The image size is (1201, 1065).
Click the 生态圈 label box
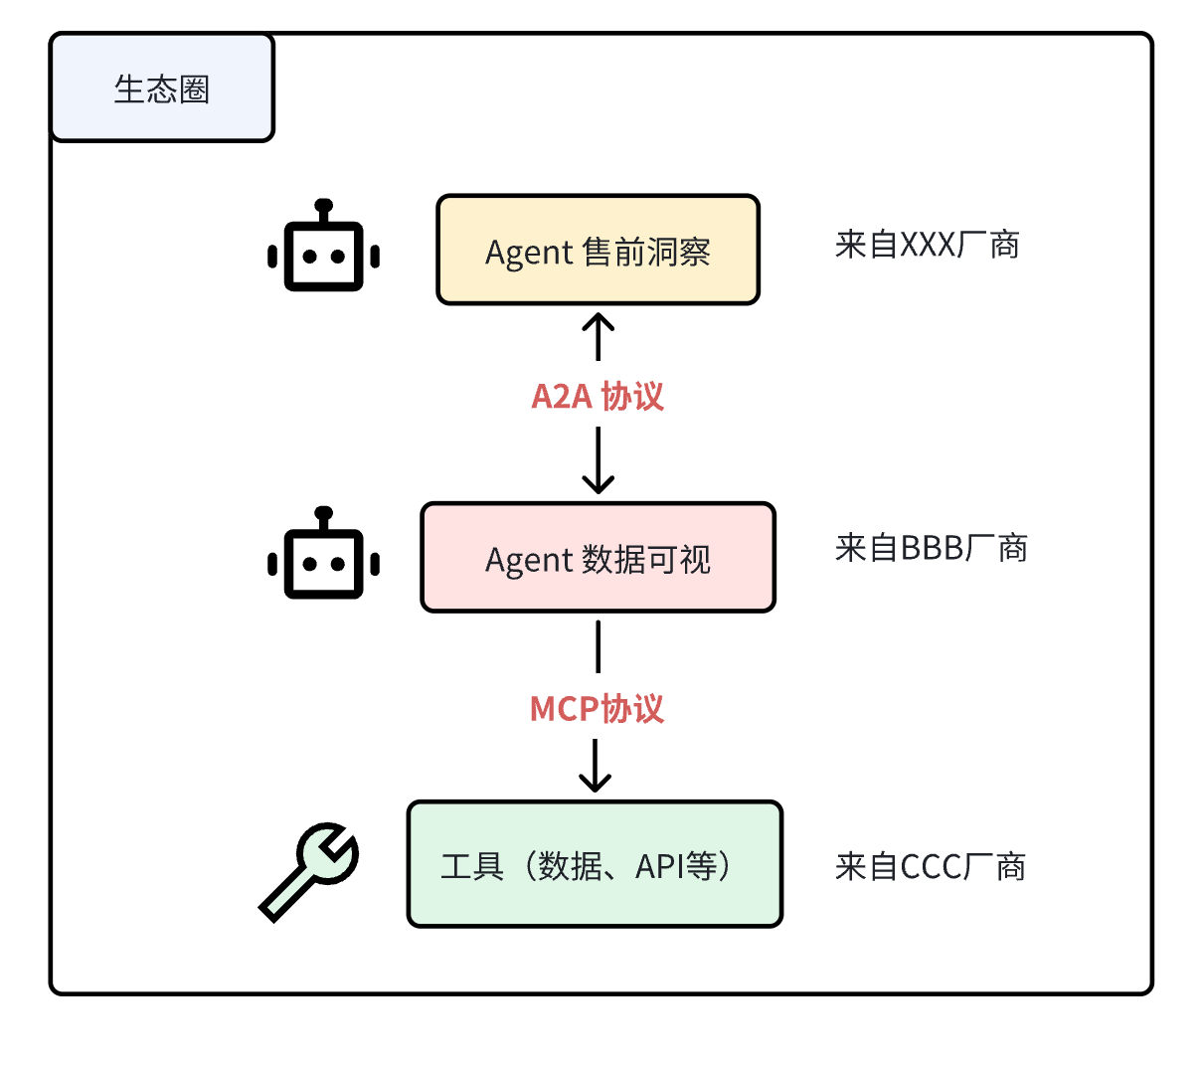tap(161, 89)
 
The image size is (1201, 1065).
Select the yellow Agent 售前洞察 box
tap(598, 250)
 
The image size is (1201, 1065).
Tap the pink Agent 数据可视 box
tap(598, 557)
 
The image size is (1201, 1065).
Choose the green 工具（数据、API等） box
tap(595, 864)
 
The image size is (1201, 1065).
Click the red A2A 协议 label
tap(598, 396)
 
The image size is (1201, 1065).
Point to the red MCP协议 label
tap(597, 708)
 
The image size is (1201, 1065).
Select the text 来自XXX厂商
tap(927, 245)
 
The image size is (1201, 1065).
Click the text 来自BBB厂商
tap(931, 548)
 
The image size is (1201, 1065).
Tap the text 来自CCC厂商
tap(930, 866)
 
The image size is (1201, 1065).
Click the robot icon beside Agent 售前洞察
tap(323, 249)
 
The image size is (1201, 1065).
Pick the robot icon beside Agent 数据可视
tap(323, 557)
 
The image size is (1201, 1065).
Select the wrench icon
tap(309, 870)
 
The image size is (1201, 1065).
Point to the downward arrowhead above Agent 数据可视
tap(598, 484)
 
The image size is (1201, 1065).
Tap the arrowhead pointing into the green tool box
tap(595, 783)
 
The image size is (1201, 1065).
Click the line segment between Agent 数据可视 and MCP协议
tap(598, 646)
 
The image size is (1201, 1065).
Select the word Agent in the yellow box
tap(529, 253)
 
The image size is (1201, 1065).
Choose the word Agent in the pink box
tap(529, 561)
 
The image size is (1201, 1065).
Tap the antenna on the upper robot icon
tap(323, 208)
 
